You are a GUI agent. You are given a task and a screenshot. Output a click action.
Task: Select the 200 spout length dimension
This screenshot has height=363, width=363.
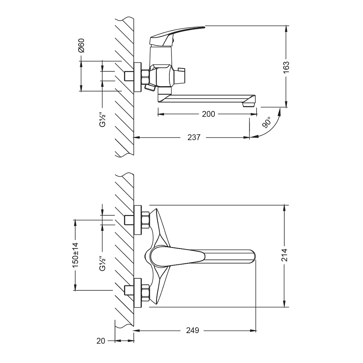pos(208,114)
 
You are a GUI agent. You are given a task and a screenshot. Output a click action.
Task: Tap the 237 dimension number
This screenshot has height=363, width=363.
pos(194,137)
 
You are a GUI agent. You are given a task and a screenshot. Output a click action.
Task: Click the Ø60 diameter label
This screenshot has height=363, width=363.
pos(81,45)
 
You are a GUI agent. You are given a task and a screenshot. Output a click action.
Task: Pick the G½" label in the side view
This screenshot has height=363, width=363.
pos(103,119)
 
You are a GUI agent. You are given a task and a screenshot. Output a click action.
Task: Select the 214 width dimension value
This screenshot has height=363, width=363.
pos(285,255)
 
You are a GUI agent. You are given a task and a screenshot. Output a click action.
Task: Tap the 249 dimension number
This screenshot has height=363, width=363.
pos(193,330)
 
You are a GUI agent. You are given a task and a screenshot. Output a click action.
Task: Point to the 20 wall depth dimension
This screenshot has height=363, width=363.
pos(101,341)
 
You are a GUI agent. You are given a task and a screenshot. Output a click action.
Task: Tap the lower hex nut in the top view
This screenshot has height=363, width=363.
pos(145,293)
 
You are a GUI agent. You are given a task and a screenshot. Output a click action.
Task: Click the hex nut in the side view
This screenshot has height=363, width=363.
pos(145,77)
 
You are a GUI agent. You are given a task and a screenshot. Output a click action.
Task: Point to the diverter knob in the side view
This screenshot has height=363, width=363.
pos(180,74)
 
